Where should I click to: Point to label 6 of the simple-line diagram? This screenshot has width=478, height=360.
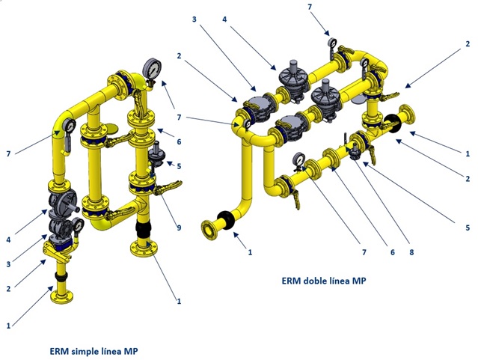point(179,141)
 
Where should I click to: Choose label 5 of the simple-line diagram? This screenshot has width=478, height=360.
point(179,165)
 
